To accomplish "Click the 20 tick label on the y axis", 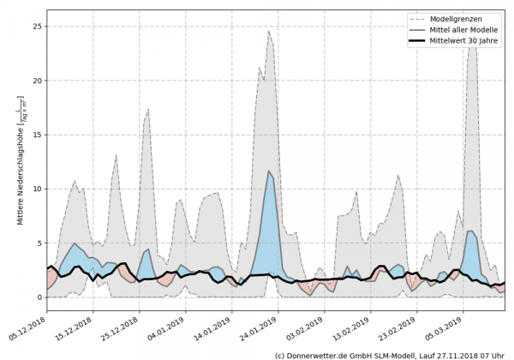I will pyautogui.click(x=38, y=81).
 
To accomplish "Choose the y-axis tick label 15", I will pyautogui.click(x=38, y=135).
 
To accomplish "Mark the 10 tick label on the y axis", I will pyautogui.click(x=38, y=189).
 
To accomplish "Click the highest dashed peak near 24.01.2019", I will pyautogui.click(x=269, y=31).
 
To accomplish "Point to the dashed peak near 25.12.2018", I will pyautogui.click(x=148, y=109).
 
